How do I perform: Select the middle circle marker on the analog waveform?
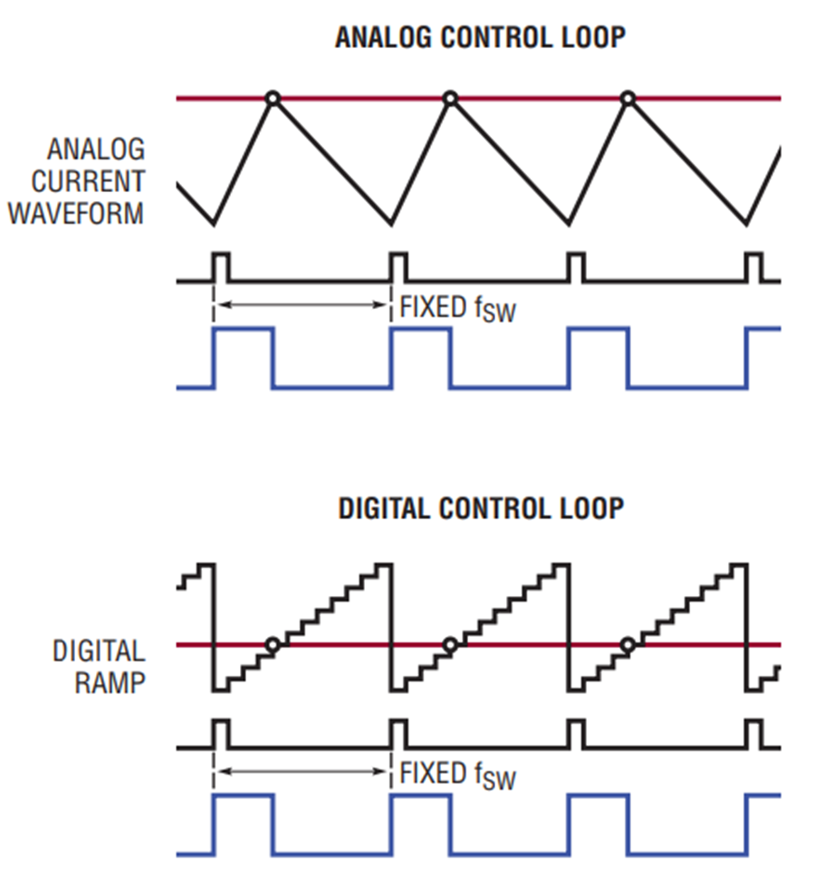click(x=449, y=98)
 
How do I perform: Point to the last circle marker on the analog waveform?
click(x=628, y=98)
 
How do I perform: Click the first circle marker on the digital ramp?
click(x=272, y=645)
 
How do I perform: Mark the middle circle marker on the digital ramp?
click(x=449, y=645)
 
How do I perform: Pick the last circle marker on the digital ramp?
click(x=628, y=645)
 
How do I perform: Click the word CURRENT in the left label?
click(x=88, y=181)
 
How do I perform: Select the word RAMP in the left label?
click(x=110, y=681)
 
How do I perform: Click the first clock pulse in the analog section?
click(x=221, y=268)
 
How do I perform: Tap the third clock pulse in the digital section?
click(x=576, y=734)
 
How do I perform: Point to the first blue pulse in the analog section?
click(x=243, y=358)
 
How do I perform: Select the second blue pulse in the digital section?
click(x=420, y=824)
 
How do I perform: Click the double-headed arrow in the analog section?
click(x=303, y=305)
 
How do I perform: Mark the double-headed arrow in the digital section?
click(x=303, y=772)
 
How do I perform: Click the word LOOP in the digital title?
click(x=590, y=508)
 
